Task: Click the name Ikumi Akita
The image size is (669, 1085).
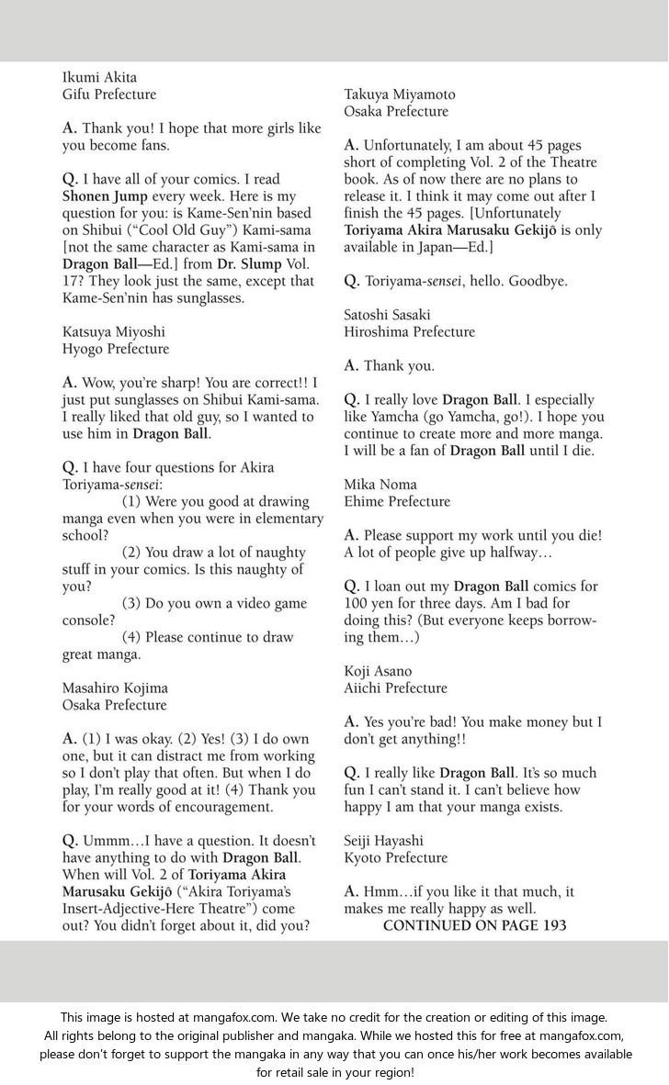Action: pyautogui.click(x=99, y=77)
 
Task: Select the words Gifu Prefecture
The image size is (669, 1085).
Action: pyautogui.click(x=109, y=95)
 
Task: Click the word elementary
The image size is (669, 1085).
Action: pyautogui.click(x=284, y=519)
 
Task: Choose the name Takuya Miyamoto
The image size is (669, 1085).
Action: pyautogui.click(x=400, y=95)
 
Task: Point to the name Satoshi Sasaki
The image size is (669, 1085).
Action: pyautogui.click(x=388, y=315)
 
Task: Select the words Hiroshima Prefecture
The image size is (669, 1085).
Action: pyautogui.click(x=410, y=331)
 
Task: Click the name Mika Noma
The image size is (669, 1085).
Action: pyautogui.click(x=380, y=485)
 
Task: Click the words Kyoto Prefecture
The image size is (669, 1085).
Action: pyautogui.click(x=397, y=857)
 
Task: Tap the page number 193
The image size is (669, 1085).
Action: pyautogui.click(x=551, y=925)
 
